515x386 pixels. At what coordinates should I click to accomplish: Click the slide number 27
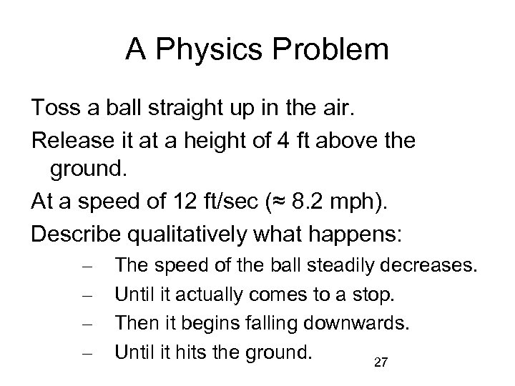click(381, 364)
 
